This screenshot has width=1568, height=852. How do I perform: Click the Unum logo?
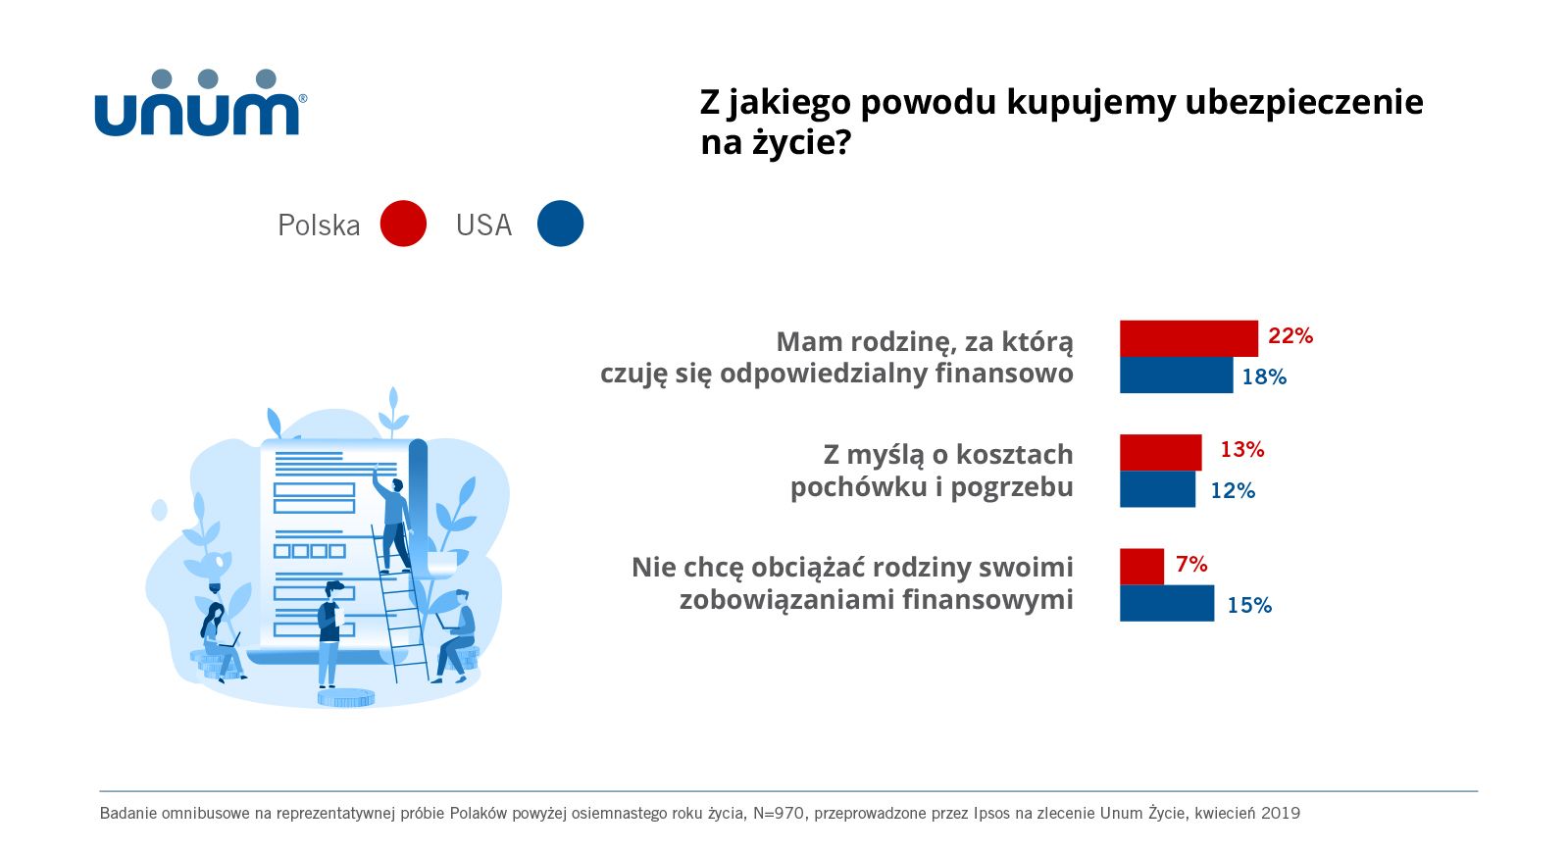(200, 104)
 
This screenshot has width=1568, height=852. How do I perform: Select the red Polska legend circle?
(403, 224)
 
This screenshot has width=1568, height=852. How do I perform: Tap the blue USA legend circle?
(560, 224)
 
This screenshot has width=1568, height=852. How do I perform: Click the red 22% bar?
(1188, 338)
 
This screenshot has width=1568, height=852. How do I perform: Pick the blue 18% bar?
(1175, 376)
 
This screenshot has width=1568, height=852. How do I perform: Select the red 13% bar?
(1160, 452)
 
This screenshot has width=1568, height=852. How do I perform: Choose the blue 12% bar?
(1157, 489)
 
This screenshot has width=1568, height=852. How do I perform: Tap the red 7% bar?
(1141, 566)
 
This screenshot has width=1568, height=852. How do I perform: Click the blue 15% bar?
(1166, 603)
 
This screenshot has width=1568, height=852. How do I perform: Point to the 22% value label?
(1290, 336)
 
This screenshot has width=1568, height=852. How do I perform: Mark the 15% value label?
(1248, 606)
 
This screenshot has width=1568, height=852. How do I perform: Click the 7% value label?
(1191, 565)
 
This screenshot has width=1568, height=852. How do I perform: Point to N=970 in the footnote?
(780, 813)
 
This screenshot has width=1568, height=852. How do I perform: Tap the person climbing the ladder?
(393, 520)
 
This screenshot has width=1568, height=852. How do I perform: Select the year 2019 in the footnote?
(1280, 813)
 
